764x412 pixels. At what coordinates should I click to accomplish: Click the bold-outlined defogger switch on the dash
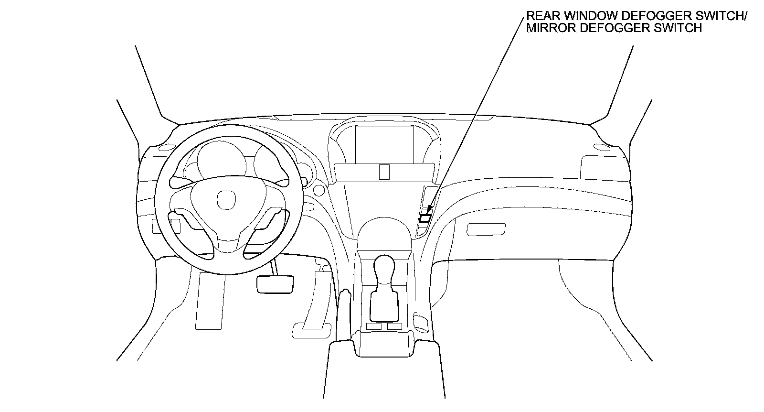tap(425, 219)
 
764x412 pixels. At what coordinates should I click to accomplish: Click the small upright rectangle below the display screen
tap(384, 172)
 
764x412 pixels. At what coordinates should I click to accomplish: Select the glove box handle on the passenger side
tap(486, 229)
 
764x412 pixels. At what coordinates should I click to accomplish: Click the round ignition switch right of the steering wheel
tap(317, 191)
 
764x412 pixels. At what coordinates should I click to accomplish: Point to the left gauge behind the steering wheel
tap(210, 160)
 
